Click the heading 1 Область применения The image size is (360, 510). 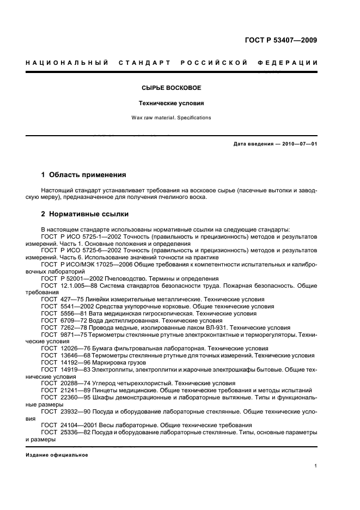(83, 175)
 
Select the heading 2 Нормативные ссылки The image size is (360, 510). (84, 214)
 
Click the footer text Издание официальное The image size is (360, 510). (57, 455)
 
